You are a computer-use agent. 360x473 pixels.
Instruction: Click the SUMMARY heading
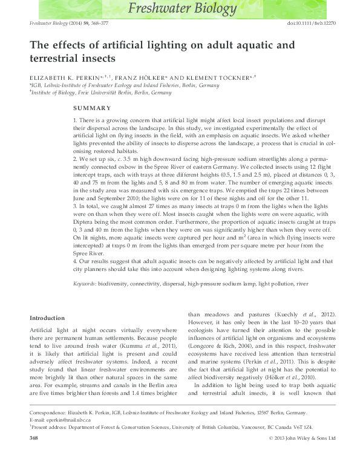pyautogui.click(x=91, y=108)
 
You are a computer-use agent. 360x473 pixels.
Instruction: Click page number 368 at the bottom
pyautogui.click(x=34, y=454)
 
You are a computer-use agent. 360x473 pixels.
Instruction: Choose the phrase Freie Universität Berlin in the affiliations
pyautogui.click(x=103, y=93)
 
